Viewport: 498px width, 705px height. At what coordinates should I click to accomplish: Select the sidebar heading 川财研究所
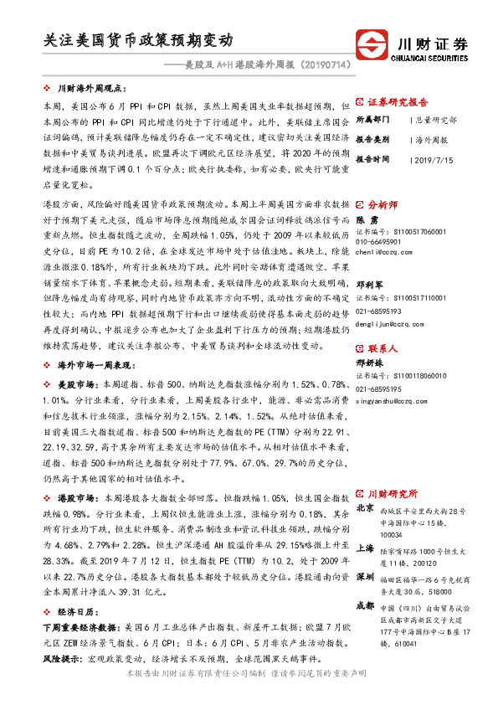tap(392, 494)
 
